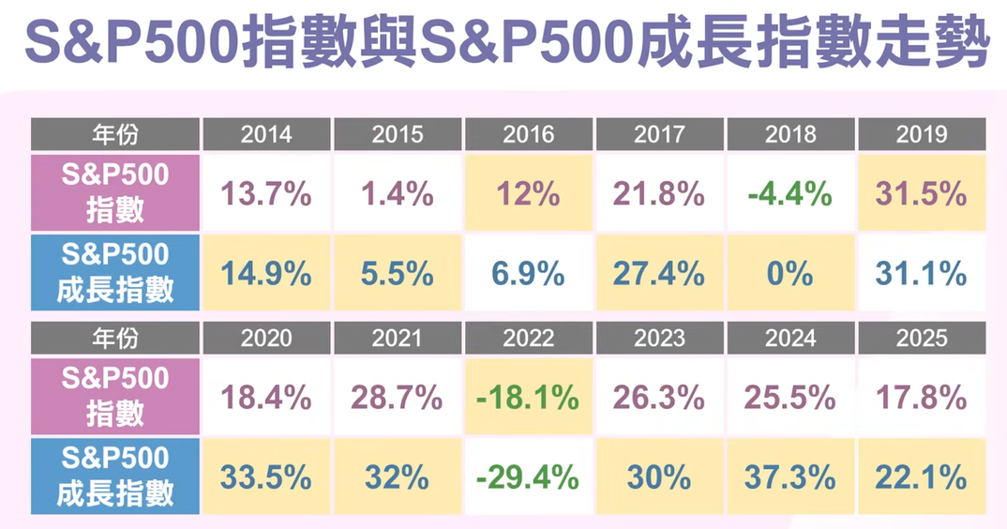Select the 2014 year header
265,134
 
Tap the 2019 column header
921,134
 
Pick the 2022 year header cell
528,338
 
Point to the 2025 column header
921,338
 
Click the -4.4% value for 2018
789,194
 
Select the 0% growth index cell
789,274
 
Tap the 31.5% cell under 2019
921,194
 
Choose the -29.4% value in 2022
528,477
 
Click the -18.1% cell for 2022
528,398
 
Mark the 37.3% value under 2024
789,477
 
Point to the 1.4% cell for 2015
397,194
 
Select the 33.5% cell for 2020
265,477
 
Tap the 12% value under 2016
528,194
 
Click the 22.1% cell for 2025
921,477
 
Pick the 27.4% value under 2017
658,274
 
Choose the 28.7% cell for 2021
397,398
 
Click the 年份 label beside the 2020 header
114,338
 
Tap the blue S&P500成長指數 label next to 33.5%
114,476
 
